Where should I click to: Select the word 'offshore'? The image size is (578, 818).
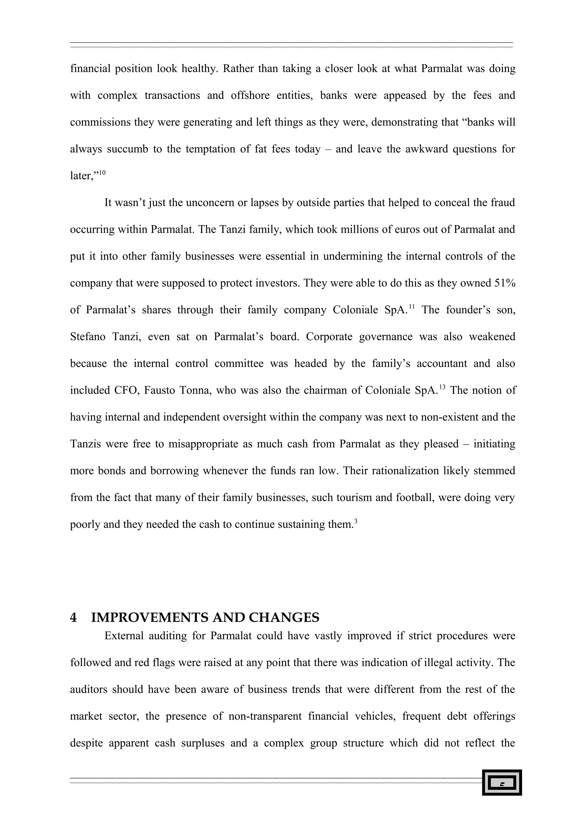(250, 95)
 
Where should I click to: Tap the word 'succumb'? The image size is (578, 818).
(128, 149)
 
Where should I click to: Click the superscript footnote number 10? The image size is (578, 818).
(102, 173)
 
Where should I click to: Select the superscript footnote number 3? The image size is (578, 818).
(356, 521)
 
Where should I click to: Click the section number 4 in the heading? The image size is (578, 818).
(73, 617)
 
